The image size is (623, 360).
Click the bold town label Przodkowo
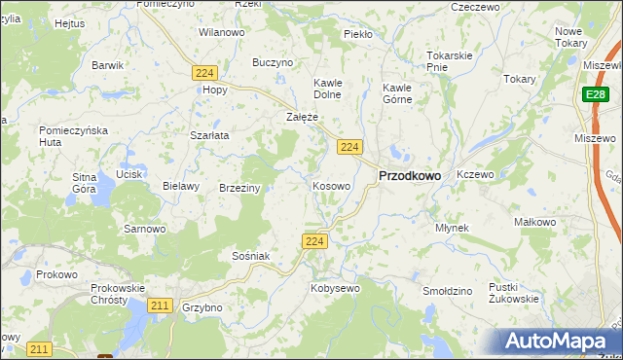pyautogui.click(x=409, y=176)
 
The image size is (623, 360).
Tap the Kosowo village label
pyautogui.click(x=331, y=185)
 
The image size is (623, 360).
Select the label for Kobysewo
pyautogui.click(x=335, y=288)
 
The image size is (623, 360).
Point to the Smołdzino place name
pyautogui.click(x=448, y=291)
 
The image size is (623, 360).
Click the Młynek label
pyautogui.click(x=452, y=228)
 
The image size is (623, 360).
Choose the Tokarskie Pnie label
pyautogui.click(x=450, y=60)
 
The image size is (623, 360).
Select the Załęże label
pyautogui.click(x=302, y=117)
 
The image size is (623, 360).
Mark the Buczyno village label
pyautogui.click(x=273, y=62)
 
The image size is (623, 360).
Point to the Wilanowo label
pyautogui.click(x=221, y=32)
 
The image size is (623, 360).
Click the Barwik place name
pyautogui.click(x=107, y=65)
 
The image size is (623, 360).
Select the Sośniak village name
pyautogui.click(x=250, y=255)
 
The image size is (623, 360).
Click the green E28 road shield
pyautogui.click(x=596, y=94)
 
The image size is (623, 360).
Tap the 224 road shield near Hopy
pyautogui.click(x=203, y=73)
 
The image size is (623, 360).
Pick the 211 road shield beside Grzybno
pyautogui.click(x=161, y=306)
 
